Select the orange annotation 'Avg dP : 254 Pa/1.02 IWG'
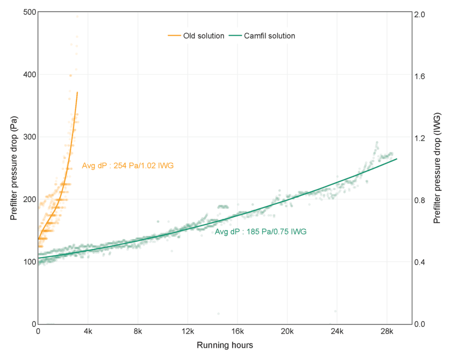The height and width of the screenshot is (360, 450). [127, 165]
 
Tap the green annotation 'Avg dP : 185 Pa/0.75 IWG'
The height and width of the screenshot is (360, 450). [260, 232]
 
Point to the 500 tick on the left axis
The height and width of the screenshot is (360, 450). [29, 12]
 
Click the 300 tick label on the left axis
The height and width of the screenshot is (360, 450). [29, 137]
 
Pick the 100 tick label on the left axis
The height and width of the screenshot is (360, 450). [29, 262]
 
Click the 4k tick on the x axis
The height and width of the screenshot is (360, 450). [88, 332]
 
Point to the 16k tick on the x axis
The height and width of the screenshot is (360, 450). [237, 332]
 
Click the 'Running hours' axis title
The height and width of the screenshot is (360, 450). [224, 345]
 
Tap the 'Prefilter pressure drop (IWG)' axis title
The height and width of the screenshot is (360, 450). [437, 168]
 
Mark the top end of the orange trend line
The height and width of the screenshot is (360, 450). [77, 92]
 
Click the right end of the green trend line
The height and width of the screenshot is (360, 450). [397, 159]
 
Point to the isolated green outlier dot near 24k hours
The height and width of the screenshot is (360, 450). [335, 311]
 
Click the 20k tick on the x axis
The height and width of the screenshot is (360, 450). [287, 332]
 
